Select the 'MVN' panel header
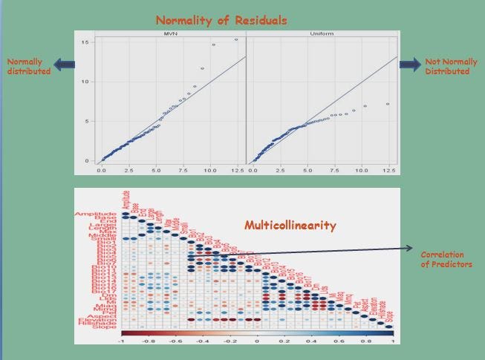coord(169,34)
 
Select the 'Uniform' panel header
coord(321,34)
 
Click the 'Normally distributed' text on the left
coord(26,66)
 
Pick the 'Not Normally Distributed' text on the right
coord(446,66)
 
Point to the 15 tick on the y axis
coord(87,42)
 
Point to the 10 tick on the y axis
coord(87,82)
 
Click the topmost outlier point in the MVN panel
coord(236,40)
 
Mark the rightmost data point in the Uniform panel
coord(388,104)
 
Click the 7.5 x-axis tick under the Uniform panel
coord(334,170)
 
